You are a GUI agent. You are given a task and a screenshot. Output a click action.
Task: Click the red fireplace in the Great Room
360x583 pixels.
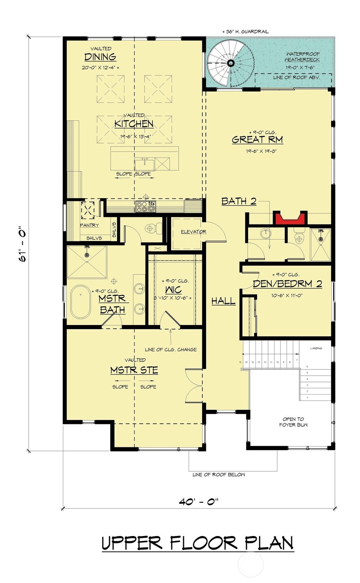(x=290, y=218)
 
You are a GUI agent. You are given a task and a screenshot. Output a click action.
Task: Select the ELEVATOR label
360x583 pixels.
(x=193, y=232)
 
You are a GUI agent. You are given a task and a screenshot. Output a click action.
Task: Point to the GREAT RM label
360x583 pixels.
(x=257, y=140)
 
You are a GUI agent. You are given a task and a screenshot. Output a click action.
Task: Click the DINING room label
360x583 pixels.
(x=100, y=57)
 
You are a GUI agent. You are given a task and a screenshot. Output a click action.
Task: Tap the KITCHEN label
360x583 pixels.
(x=133, y=124)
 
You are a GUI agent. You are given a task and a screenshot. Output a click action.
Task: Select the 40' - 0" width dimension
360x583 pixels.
(x=199, y=501)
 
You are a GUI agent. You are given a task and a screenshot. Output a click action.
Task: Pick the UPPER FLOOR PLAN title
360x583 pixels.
(x=197, y=543)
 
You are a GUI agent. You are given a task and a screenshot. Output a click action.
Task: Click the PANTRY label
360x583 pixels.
(x=89, y=225)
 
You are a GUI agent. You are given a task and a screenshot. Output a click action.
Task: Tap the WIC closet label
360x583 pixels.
(x=173, y=290)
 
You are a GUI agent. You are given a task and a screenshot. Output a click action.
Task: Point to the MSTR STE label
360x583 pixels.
(x=134, y=370)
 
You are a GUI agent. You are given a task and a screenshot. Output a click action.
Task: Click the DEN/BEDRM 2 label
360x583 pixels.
(x=287, y=284)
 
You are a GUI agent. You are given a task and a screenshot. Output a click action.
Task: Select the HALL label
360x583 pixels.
(x=223, y=301)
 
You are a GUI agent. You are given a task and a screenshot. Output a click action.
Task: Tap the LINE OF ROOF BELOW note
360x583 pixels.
(x=219, y=474)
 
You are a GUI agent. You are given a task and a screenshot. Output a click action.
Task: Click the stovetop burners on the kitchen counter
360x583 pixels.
(x=146, y=207)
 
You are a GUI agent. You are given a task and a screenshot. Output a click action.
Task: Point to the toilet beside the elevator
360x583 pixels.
(x=151, y=229)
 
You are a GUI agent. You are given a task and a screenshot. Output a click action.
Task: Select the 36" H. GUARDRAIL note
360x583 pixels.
(x=245, y=31)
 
